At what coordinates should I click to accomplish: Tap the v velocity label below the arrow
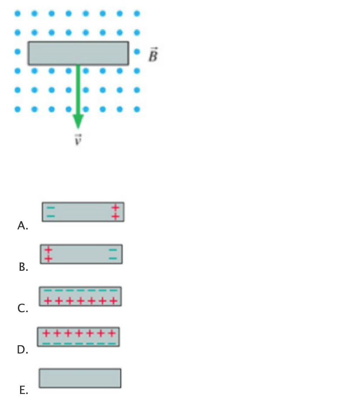click(x=78, y=139)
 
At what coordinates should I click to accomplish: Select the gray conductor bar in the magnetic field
click(x=78, y=53)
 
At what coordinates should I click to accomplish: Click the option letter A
click(x=23, y=226)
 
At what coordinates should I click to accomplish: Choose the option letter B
click(x=24, y=267)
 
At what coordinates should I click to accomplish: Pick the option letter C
click(x=23, y=309)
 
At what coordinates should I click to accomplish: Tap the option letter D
click(x=23, y=350)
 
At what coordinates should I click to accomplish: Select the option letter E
click(x=24, y=391)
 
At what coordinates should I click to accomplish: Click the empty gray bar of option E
click(x=80, y=378)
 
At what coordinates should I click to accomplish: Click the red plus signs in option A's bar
click(x=115, y=212)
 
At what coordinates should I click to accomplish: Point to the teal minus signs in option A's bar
click(x=51, y=212)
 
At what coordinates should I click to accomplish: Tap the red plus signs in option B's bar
click(x=48, y=254)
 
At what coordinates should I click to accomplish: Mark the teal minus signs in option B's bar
click(x=113, y=254)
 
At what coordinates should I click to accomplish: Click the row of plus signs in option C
click(x=81, y=300)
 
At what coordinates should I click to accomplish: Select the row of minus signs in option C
click(x=81, y=290)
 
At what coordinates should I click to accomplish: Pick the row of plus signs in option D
click(x=79, y=334)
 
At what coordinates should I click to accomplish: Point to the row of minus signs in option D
click(x=79, y=343)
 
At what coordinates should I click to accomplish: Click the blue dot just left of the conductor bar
click(x=17, y=52)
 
